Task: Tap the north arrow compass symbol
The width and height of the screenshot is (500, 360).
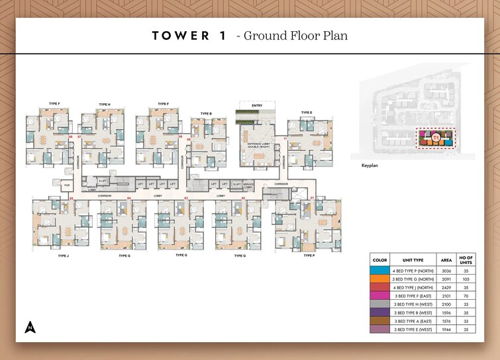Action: (x=30, y=326)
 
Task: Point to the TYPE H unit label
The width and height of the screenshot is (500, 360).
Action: (x=104, y=105)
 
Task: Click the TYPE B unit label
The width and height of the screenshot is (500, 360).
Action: (x=206, y=113)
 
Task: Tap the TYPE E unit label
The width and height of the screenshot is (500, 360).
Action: (x=307, y=112)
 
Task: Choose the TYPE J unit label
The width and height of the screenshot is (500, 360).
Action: (x=63, y=255)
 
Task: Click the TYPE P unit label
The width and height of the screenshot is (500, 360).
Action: (x=309, y=255)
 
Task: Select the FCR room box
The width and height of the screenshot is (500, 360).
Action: (x=68, y=186)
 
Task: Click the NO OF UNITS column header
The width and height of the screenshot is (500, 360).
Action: (x=468, y=260)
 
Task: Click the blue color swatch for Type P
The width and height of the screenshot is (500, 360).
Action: (x=379, y=271)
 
